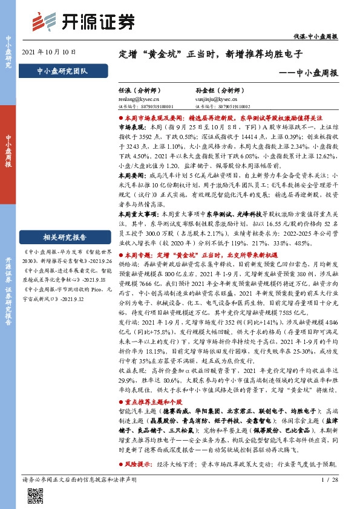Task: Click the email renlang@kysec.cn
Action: point(139,97)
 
